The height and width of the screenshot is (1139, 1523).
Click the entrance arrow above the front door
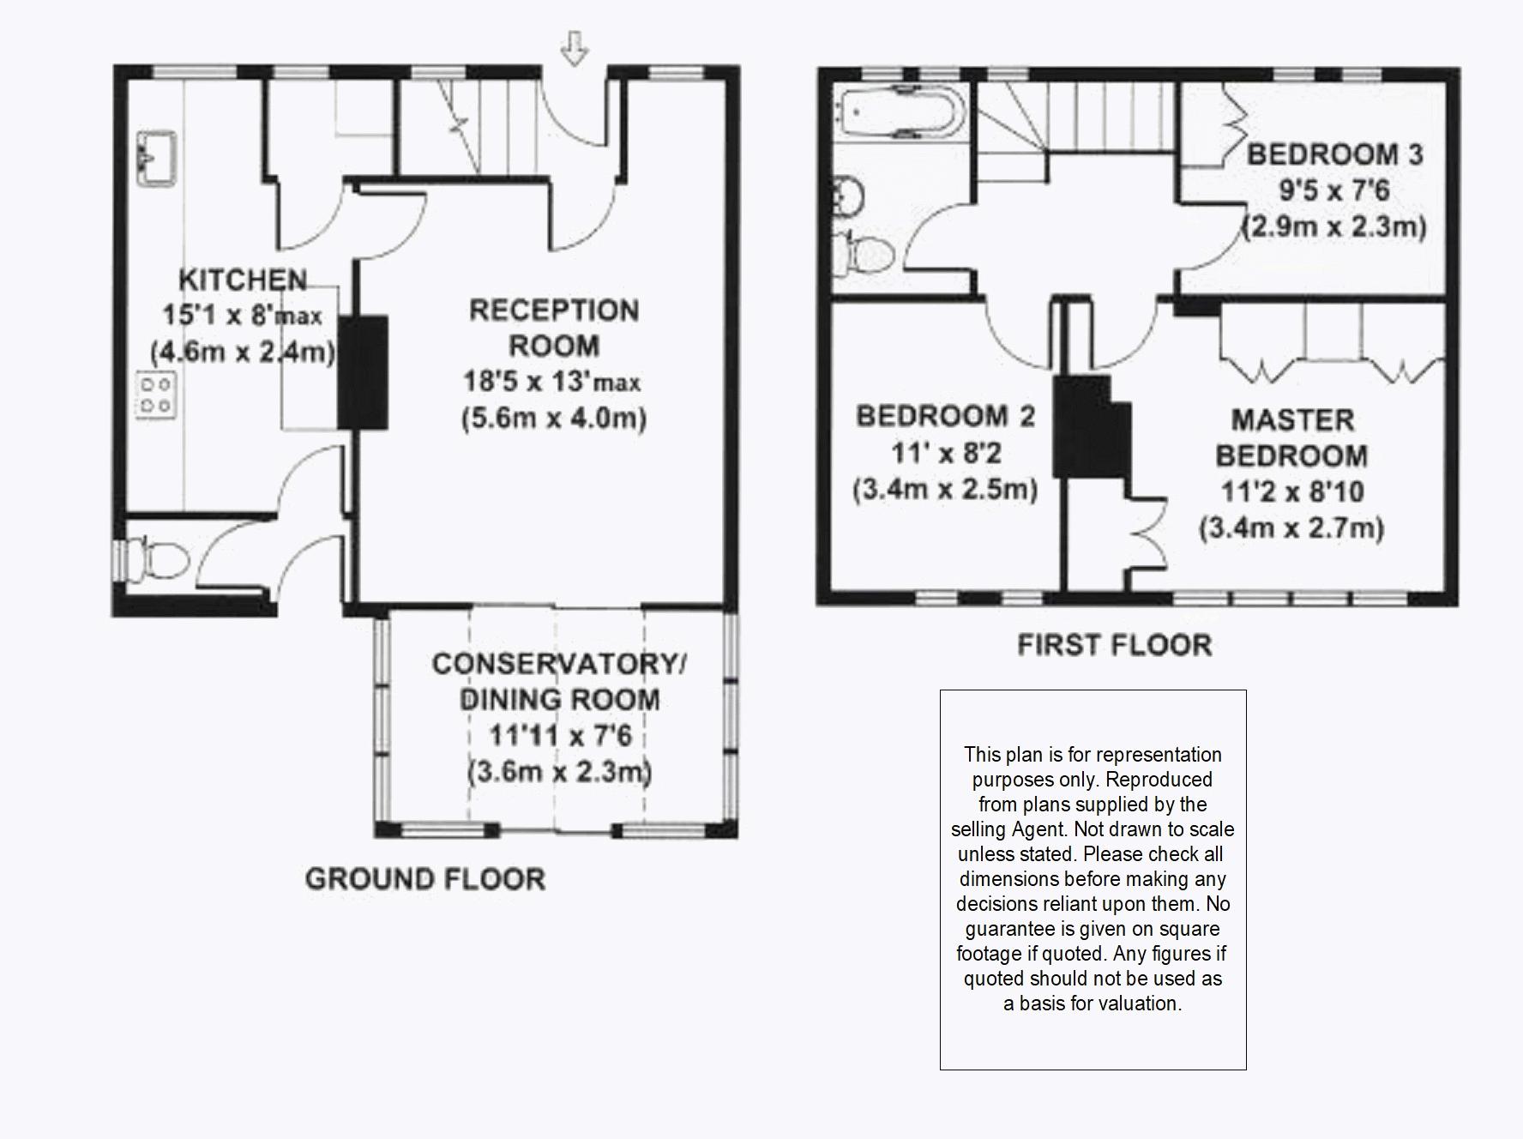coord(575,48)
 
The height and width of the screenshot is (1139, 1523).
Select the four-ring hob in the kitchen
coord(156,395)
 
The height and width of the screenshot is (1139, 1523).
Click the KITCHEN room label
coord(243,280)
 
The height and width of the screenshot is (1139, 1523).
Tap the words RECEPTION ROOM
coord(554,328)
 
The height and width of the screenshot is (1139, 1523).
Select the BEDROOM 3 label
coord(1334,154)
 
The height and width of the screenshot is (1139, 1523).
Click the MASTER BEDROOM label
coord(1292,437)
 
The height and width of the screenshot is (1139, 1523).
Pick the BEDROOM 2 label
coord(945,416)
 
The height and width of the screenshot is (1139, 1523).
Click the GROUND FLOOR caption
coord(425,879)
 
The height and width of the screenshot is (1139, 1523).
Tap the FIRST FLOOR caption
coord(1115,645)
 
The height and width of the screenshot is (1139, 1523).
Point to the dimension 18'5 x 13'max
coord(552,381)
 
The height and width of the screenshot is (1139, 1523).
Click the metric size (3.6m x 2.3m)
coord(559,772)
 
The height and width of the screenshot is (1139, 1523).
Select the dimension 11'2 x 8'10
coord(1292,491)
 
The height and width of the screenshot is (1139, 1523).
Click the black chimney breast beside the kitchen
coord(363,372)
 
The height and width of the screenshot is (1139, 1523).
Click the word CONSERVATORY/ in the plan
coord(559,664)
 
